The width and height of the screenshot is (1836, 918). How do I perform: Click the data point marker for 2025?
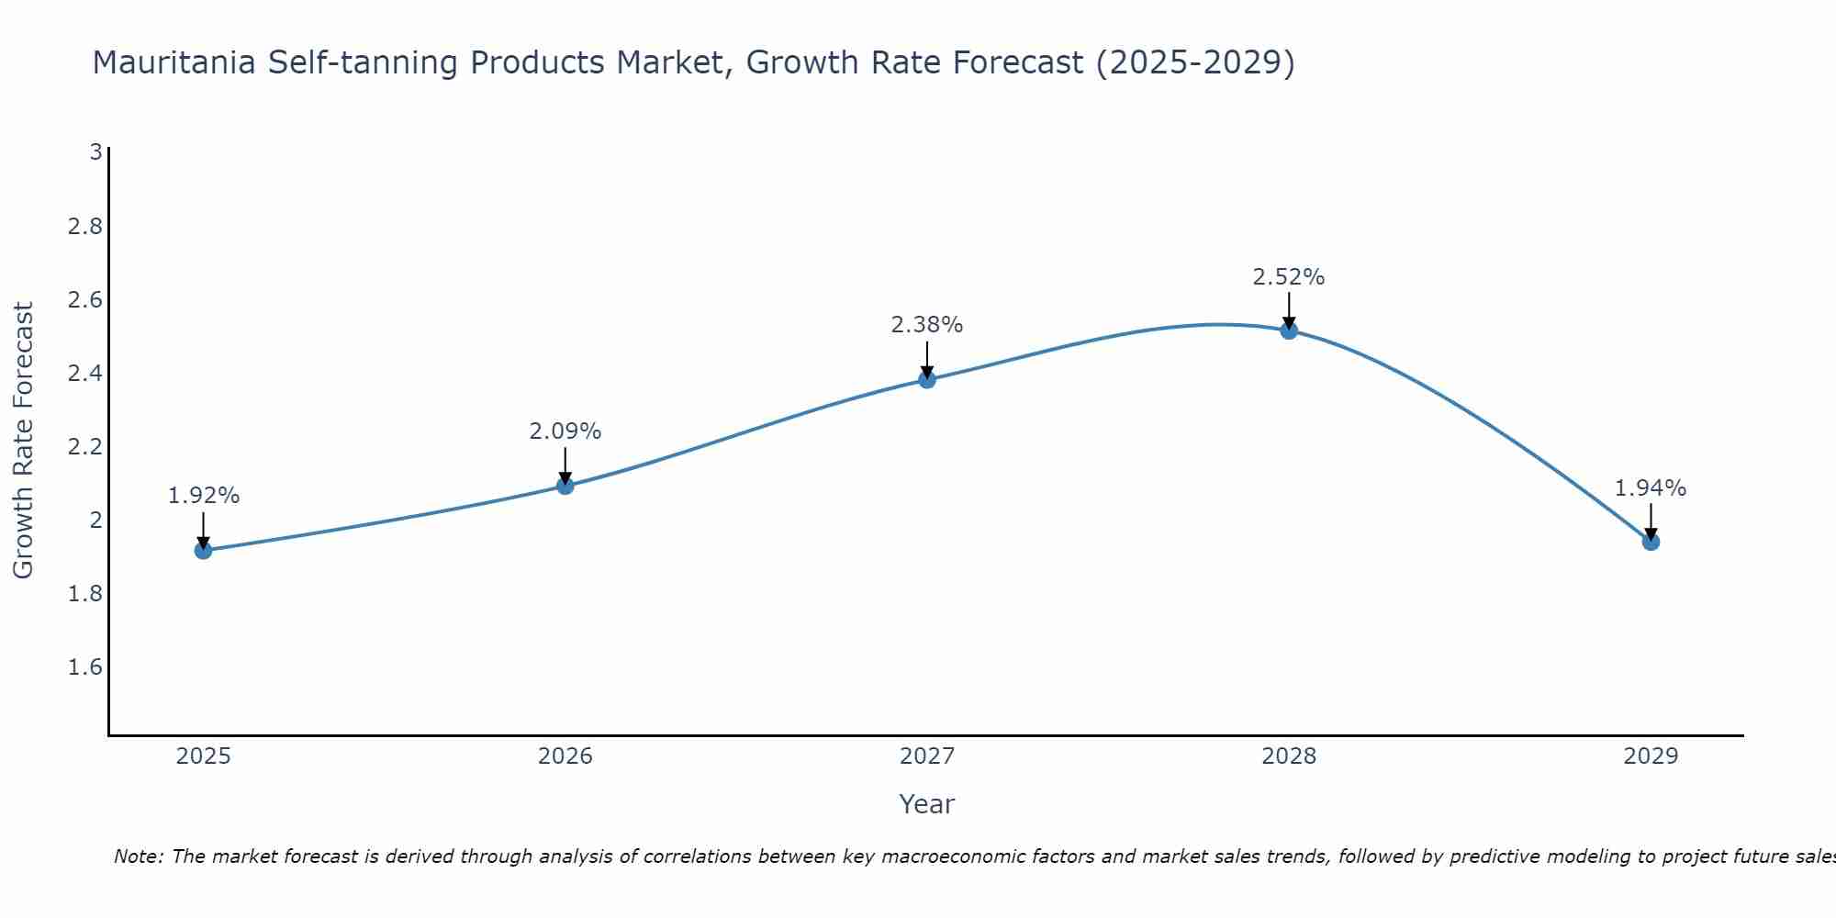pyautogui.click(x=203, y=550)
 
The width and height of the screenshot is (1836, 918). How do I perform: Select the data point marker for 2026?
pyautogui.click(x=565, y=486)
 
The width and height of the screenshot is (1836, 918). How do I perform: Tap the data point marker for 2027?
pyautogui.click(x=927, y=379)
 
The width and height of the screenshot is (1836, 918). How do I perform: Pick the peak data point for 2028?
pyautogui.click(x=1289, y=330)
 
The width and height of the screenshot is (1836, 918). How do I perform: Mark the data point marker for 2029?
pyautogui.click(x=1651, y=542)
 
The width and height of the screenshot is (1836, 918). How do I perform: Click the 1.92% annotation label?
pyautogui.click(x=203, y=496)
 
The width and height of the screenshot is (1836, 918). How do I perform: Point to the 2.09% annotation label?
pyautogui.click(x=565, y=431)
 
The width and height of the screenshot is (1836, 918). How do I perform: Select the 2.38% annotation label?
pyautogui.click(x=927, y=325)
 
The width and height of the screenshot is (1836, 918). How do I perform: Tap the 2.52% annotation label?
pyautogui.click(x=1289, y=277)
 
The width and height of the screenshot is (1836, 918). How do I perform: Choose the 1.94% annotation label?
pyautogui.click(x=1651, y=488)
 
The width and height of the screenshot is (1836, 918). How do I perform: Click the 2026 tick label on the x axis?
pyautogui.click(x=565, y=756)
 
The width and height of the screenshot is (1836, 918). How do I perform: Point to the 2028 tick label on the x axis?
pyautogui.click(x=1289, y=756)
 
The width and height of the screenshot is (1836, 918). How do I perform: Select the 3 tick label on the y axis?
pyautogui.click(x=95, y=152)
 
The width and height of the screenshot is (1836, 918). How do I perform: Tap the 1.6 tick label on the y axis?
pyautogui.click(x=84, y=667)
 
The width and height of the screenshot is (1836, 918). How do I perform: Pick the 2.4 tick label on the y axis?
pyautogui.click(x=84, y=374)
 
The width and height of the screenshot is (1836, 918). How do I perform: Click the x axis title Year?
pyautogui.click(x=927, y=804)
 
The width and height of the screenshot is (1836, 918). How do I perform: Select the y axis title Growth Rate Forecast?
pyautogui.click(x=24, y=441)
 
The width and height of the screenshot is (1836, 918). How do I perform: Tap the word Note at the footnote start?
pyautogui.click(x=138, y=857)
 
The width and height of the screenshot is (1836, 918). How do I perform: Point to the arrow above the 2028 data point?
pyautogui.click(x=1289, y=310)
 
